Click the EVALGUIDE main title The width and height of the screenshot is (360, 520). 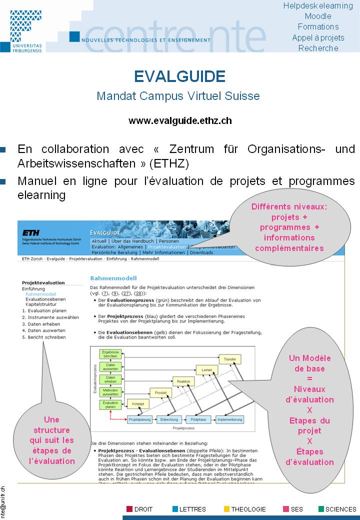coord(179,76)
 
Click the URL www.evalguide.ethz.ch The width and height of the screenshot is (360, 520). coord(180,120)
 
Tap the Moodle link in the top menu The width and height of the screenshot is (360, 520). coord(318,16)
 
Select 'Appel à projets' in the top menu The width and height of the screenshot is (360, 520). coord(318,37)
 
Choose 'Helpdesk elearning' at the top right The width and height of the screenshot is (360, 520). coord(318,5)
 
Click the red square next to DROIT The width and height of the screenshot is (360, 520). coord(129,509)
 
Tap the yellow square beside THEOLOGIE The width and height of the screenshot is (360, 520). coord(226,509)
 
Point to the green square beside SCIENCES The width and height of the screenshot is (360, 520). coord(321,509)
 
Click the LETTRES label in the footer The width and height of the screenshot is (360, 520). coord(192,509)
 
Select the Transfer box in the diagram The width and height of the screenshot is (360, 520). coord(230,359)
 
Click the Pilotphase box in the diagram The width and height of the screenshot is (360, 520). coord(198,419)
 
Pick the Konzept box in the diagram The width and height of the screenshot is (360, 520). coord(137,403)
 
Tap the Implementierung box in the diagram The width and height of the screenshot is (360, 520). coord(233,419)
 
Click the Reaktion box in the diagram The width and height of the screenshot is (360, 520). coord(183,381)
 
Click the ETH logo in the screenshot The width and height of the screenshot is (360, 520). coord(32,232)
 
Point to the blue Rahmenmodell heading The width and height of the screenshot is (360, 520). coord(113,278)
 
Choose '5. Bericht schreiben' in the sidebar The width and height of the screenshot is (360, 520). coord(43,337)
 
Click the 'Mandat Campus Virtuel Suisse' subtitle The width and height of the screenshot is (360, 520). coord(178,95)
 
